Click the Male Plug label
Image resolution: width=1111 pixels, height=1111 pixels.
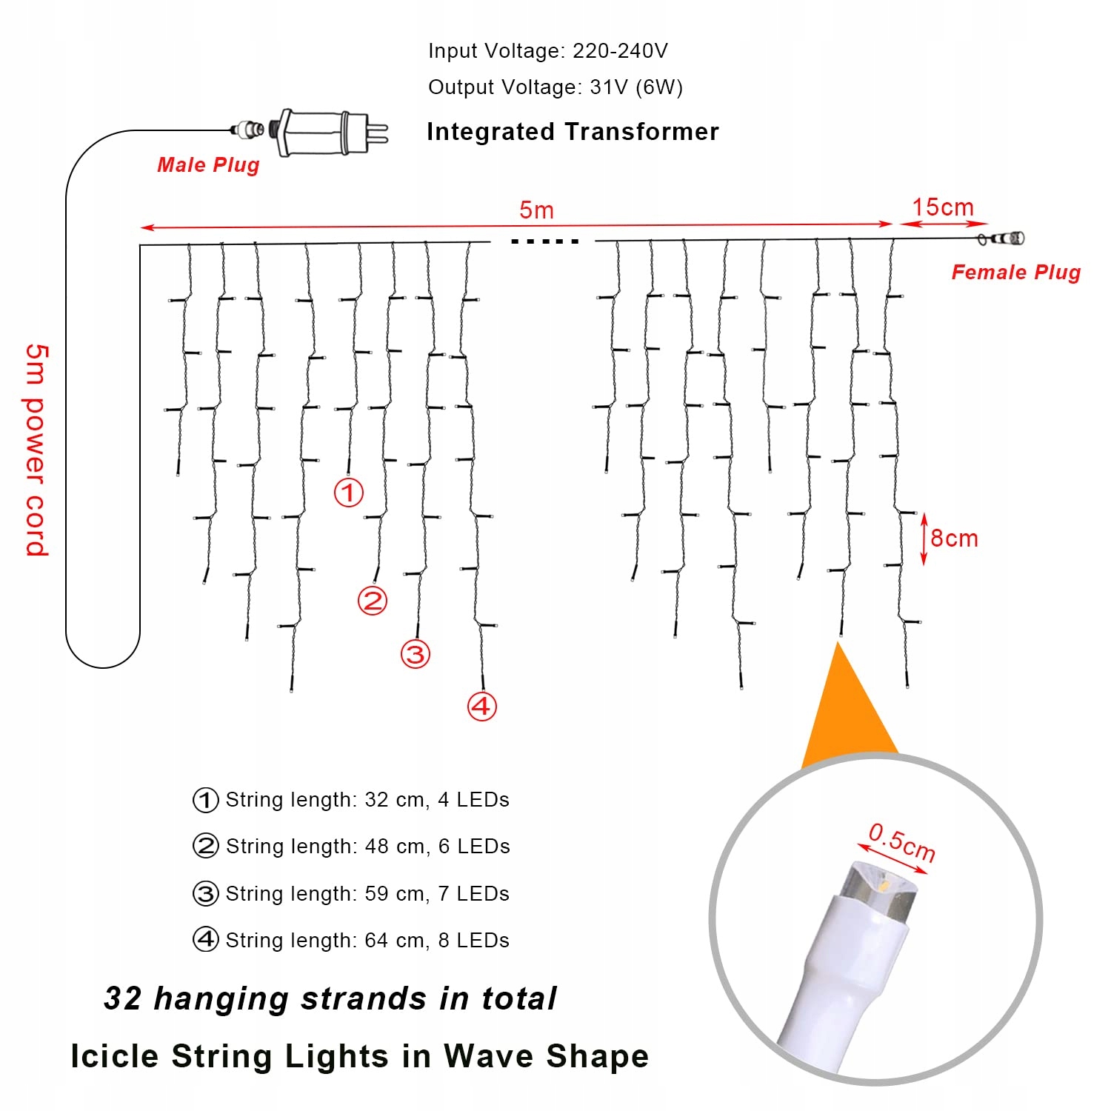pyautogui.click(x=208, y=164)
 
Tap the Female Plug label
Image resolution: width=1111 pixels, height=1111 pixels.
pyautogui.click(x=1015, y=273)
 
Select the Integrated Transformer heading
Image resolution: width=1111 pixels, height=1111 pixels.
pyautogui.click(x=573, y=132)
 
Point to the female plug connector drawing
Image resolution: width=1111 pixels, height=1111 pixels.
pyautogui.click(x=1002, y=238)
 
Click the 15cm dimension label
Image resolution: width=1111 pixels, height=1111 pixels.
pyautogui.click(x=942, y=207)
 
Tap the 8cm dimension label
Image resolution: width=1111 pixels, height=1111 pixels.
pyautogui.click(x=954, y=538)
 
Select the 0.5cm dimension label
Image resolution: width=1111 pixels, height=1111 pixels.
pyautogui.click(x=901, y=842)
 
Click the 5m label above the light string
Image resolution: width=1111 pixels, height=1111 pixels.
pyautogui.click(x=536, y=210)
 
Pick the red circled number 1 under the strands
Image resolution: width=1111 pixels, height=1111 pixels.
pyautogui.click(x=349, y=493)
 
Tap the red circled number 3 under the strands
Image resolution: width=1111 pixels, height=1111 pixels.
pyautogui.click(x=416, y=654)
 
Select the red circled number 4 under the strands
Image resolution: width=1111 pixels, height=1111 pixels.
pyautogui.click(x=481, y=706)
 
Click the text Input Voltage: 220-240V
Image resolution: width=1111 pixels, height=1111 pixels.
pyautogui.click(x=548, y=51)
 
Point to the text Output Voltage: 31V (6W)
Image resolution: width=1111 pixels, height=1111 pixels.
pyautogui.click(x=555, y=87)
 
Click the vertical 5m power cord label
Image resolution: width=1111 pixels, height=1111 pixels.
pyautogui.click(x=36, y=450)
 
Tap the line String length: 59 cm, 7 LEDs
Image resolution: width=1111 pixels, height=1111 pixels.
pyautogui.click(x=367, y=894)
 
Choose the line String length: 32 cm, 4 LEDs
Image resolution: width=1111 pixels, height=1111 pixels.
pyautogui.click(x=367, y=800)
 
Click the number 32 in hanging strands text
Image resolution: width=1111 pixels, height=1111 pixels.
pyautogui.click(x=123, y=998)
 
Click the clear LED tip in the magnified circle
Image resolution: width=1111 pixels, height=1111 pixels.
pyautogui.click(x=885, y=889)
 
